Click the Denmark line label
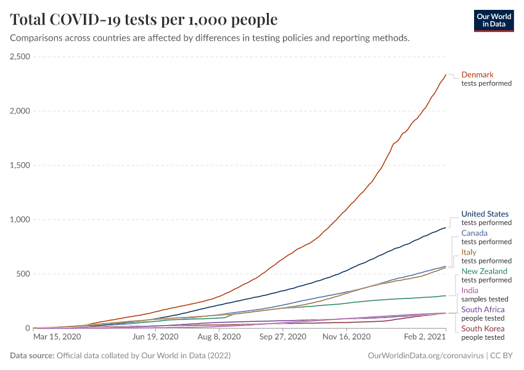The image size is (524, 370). click(477, 75)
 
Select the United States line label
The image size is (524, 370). click(485, 214)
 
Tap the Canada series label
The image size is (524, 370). click(474, 233)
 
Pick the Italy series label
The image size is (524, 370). click(469, 252)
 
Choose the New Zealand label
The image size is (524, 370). click(484, 271)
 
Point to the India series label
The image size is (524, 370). click(470, 290)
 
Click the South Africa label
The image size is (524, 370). click(483, 310)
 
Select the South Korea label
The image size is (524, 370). click(483, 329)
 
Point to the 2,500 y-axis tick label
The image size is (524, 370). click(20, 57)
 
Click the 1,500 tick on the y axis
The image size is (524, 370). click(20, 165)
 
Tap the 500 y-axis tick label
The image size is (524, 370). click(23, 274)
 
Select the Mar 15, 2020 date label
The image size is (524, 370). click(57, 337)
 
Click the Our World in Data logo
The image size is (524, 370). click(494, 20)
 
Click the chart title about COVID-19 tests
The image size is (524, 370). click(144, 20)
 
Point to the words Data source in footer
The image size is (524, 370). click(31, 356)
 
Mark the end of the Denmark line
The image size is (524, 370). click(446, 75)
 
